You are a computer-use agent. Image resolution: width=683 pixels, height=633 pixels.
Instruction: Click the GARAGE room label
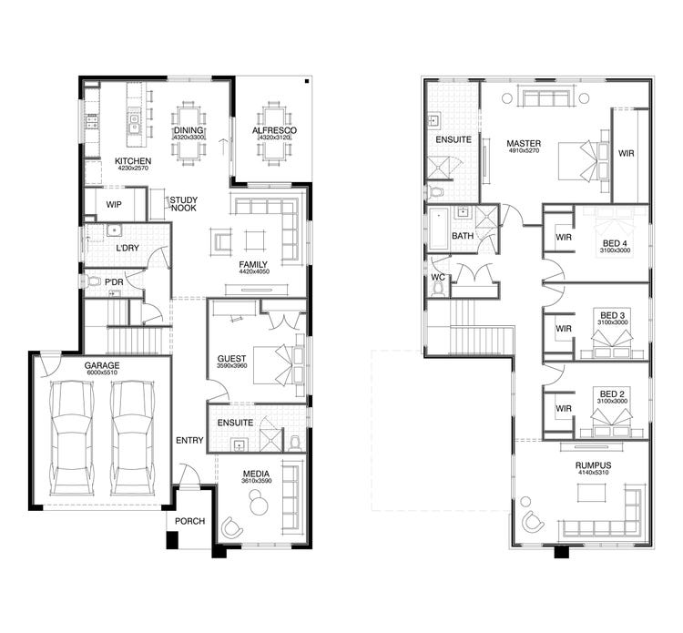[x=102, y=365]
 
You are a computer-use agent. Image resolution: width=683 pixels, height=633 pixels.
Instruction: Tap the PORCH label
[x=189, y=522]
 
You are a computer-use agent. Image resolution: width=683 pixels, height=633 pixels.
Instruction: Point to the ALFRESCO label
[x=274, y=131]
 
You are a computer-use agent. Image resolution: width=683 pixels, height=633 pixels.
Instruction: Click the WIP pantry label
[x=114, y=205]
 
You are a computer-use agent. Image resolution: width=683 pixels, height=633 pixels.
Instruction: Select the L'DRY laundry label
[x=127, y=249]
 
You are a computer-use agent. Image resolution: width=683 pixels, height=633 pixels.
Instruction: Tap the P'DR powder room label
[x=114, y=283]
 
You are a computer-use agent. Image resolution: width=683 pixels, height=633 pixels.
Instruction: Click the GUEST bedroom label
[x=232, y=358]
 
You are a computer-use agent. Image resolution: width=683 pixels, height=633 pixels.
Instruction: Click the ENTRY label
[x=189, y=441]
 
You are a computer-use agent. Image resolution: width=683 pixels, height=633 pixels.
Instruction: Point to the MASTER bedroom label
[x=525, y=143]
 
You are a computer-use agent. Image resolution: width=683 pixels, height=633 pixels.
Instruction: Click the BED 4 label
[x=615, y=243]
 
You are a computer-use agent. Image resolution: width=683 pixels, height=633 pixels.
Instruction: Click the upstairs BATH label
[x=463, y=236]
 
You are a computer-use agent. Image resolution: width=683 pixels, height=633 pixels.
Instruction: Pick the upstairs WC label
[x=437, y=276]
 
